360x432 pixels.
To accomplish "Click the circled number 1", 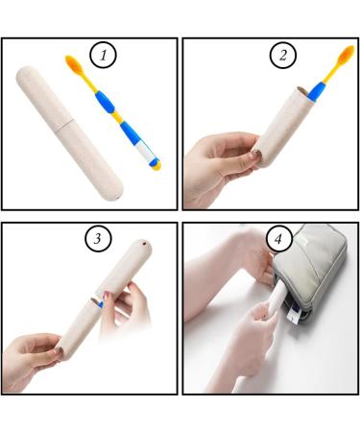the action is pyautogui.click(x=103, y=55).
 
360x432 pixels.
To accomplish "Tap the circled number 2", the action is pyautogui.click(x=283, y=55).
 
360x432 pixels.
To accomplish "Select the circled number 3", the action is pyautogui.click(x=98, y=238).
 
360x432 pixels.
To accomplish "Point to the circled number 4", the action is pyautogui.click(x=278, y=239).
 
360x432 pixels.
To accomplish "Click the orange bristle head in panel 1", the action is pyautogui.click(x=75, y=64).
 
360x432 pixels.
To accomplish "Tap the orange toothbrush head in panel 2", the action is pyautogui.click(x=347, y=55).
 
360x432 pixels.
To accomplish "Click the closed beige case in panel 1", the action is pyautogui.click(x=69, y=133).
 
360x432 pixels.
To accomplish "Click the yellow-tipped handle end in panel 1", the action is pyautogui.click(x=156, y=164).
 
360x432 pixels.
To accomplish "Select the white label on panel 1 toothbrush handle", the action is pyautogui.click(x=146, y=151).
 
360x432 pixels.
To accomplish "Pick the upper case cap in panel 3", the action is pyautogui.click(x=126, y=268).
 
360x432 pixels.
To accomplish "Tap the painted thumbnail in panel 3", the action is pyautogui.click(x=58, y=349).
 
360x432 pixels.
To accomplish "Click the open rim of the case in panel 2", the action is pyautogui.click(x=303, y=91).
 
